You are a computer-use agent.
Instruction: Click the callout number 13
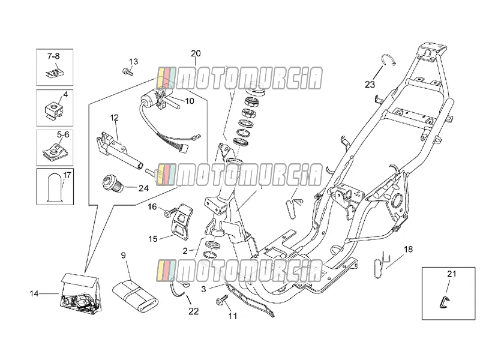(133, 62)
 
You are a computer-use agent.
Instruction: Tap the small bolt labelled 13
(127, 72)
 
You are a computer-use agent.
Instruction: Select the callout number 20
(196, 53)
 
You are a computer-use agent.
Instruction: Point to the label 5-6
(63, 134)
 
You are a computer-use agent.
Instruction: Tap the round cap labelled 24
(112, 184)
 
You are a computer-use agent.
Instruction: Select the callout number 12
(114, 118)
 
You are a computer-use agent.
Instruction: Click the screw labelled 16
(170, 212)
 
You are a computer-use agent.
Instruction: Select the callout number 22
(193, 311)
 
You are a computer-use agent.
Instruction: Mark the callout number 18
(409, 249)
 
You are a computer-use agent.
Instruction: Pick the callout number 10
(190, 101)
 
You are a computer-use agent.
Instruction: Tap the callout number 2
(185, 251)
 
